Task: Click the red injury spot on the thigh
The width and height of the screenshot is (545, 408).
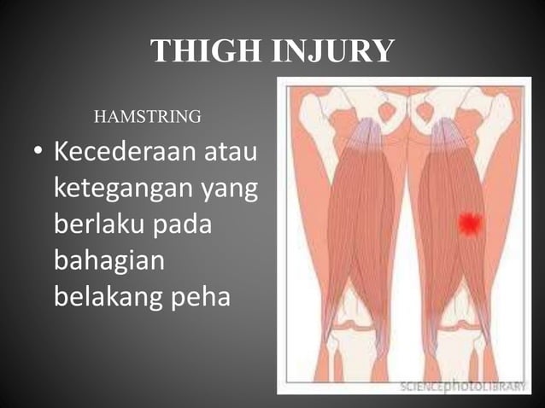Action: [x=469, y=224]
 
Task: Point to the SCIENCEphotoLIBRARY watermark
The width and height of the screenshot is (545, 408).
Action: [x=461, y=386]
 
